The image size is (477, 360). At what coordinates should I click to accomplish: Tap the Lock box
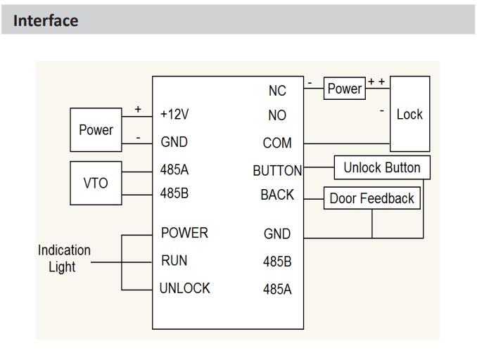pyautogui.click(x=409, y=114)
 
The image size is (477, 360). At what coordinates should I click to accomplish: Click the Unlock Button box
pyautogui.click(x=381, y=167)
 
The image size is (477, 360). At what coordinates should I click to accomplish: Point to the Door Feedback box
pyautogui.click(x=371, y=198)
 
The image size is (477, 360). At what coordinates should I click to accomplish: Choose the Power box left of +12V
pyautogui.click(x=96, y=129)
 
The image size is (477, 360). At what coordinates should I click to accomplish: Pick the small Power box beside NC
pyautogui.click(x=345, y=89)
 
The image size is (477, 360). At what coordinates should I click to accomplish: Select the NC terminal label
pyautogui.click(x=277, y=89)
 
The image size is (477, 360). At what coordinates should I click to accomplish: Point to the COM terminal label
pyautogui.click(x=277, y=143)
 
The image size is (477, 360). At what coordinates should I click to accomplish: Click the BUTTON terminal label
pyautogui.click(x=277, y=169)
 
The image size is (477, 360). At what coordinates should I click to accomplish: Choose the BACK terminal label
pyautogui.click(x=277, y=195)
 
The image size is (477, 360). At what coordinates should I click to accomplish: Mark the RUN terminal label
pyautogui.click(x=174, y=261)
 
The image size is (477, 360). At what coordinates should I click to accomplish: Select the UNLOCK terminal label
pyautogui.click(x=185, y=288)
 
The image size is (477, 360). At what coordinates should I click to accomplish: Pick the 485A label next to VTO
pyautogui.click(x=175, y=169)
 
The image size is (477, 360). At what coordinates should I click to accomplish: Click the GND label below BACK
pyautogui.click(x=277, y=234)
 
